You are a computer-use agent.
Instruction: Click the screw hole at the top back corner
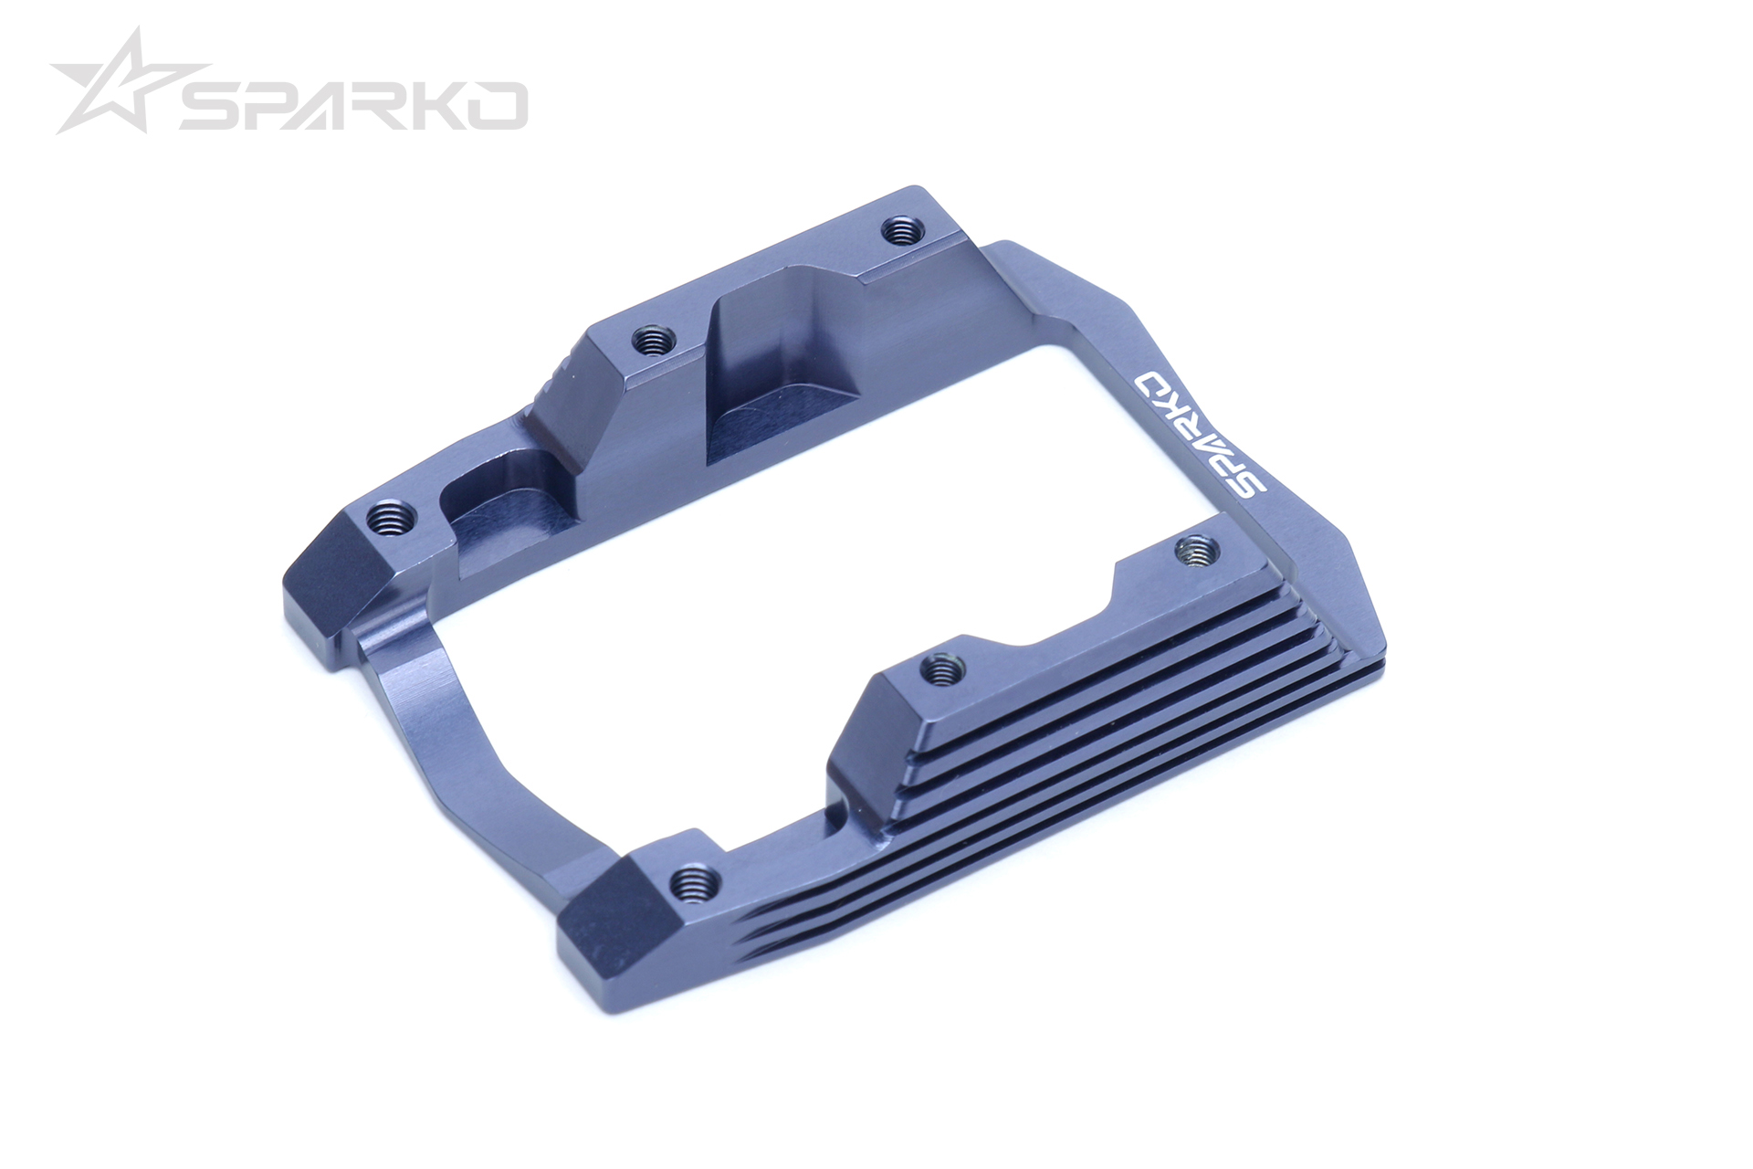tap(900, 229)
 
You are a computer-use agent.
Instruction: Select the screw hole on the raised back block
tap(652, 342)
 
